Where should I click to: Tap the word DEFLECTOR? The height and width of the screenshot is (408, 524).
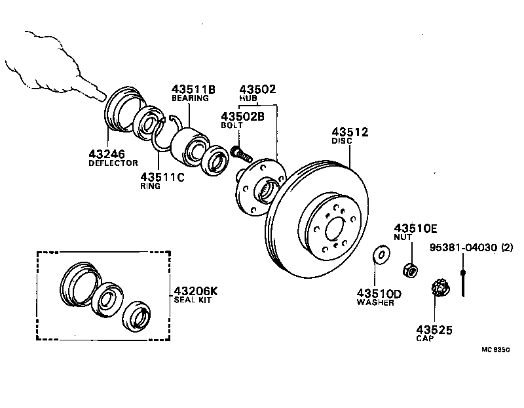113,163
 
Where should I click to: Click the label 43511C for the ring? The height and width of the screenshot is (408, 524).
161,177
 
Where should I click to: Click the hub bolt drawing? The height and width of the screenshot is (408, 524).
240,154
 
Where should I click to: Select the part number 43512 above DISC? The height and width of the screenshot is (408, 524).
350,131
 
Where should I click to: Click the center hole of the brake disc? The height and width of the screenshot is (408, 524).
333,229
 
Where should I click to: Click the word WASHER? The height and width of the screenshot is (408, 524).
375,302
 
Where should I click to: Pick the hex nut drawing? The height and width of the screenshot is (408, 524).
409,269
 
